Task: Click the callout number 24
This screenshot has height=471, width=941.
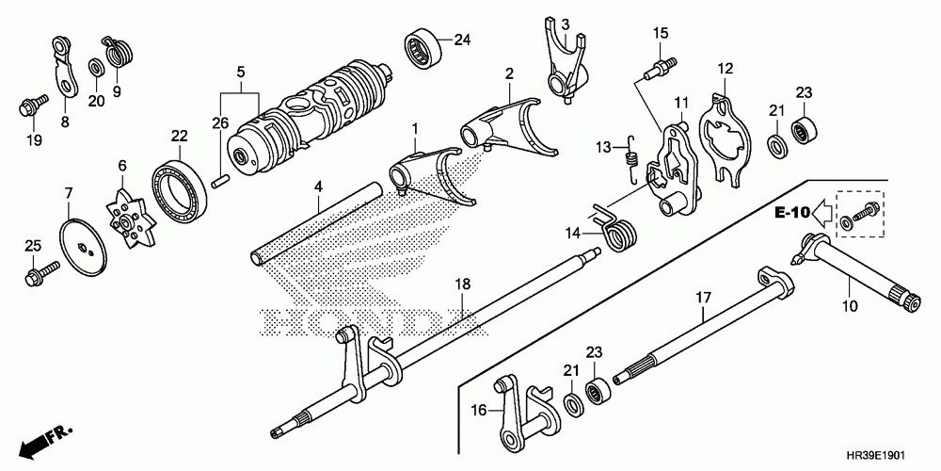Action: pos(461,40)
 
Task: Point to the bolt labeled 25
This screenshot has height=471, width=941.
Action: pos(40,275)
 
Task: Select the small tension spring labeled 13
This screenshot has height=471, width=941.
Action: pos(631,154)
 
